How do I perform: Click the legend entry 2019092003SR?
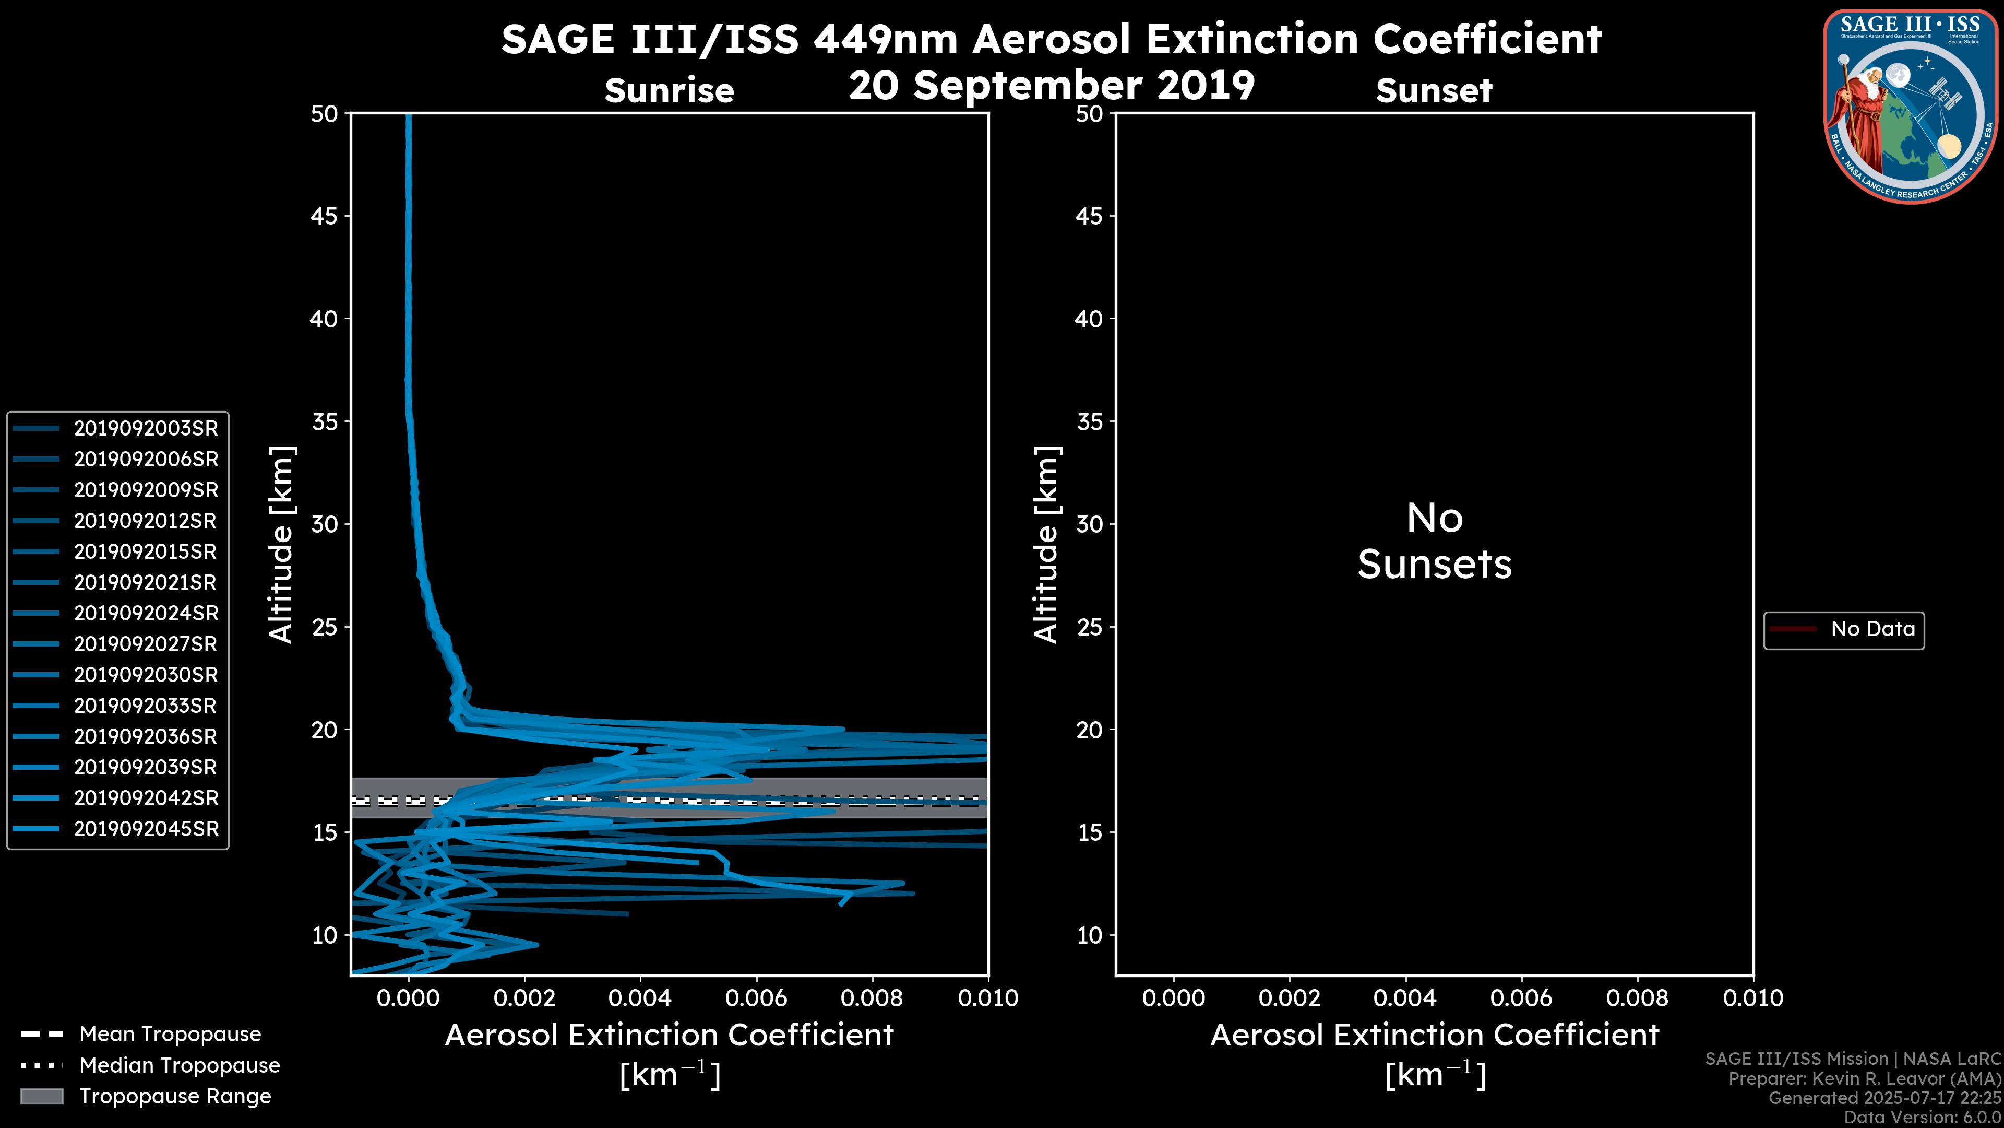coord(146,428)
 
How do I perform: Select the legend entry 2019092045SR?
coord(146,829)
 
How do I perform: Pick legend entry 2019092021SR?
coord(146,582)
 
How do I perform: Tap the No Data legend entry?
coord(1872,629)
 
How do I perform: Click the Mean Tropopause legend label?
coord(170,1034)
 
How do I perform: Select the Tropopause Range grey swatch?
coord(42,1096)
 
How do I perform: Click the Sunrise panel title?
coord(669,90)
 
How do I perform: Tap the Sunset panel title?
coord(1434,90)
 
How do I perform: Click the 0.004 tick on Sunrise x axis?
coord(639,998)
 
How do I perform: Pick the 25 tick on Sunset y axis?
coord(1089,627)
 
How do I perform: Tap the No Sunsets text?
coord(1434,541)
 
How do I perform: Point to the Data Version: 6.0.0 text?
coord(1922,1117)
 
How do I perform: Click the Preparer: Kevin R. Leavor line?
coord(1864,1078)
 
